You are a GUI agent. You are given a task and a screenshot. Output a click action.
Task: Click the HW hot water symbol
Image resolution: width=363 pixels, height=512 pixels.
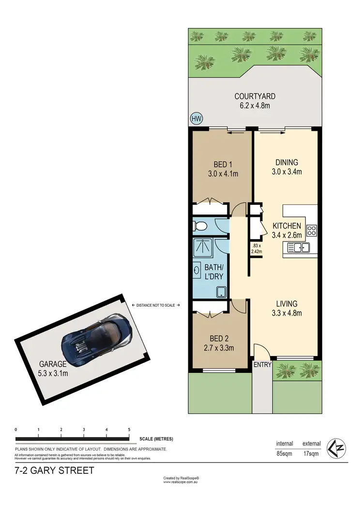(x=197, y=119)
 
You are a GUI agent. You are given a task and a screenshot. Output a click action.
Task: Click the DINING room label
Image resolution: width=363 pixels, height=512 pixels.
(x=287, y=162)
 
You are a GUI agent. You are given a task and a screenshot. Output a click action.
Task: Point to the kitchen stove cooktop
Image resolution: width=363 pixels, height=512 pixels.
(x=312, y=230)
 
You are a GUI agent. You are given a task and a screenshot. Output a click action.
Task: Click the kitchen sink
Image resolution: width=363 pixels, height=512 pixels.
(x=298, y=248)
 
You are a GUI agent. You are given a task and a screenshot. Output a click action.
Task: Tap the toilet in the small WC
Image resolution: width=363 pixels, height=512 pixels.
(x=200, y=226)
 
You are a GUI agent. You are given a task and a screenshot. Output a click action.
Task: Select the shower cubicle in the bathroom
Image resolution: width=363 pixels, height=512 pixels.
(x=204, y=247)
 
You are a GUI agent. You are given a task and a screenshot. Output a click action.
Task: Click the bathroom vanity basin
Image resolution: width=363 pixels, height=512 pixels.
(x=197, y=270)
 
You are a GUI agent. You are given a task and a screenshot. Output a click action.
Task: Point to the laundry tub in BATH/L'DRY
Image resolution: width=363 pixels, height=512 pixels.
(x=222, y=292)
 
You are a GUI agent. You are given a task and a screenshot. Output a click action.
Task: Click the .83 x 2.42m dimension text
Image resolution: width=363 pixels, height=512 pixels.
(x=257, y=248)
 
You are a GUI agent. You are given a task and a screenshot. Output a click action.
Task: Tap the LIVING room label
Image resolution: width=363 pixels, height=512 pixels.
(x=287, y=304)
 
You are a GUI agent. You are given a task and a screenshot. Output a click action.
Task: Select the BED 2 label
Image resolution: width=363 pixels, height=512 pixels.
(x=221, y=339)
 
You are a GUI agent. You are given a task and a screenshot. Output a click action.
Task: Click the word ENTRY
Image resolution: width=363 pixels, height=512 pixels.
(x=262, y=365)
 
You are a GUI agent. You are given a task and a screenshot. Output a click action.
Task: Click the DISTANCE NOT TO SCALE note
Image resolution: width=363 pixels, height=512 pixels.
(x=156, y=305)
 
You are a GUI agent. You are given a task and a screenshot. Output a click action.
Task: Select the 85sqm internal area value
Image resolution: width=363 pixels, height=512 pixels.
(x=284, y=454)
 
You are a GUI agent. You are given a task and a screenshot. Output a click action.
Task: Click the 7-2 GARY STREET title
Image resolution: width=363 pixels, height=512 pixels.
(x=54, y=470)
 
